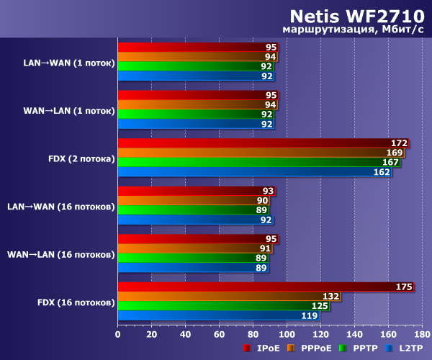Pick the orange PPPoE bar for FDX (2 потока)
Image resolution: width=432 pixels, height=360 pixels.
pyautogui.click(x=259, y=153)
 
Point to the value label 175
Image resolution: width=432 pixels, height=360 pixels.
pyautogui.click(x=404, y=287)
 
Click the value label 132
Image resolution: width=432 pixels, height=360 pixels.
pyautogui.click(x=331, y=296)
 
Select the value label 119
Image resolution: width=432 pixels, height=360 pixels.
pyautogui.click(x=310, y=315)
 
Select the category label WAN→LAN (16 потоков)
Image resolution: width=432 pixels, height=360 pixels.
pyautogui.click(x=61, y=254)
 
